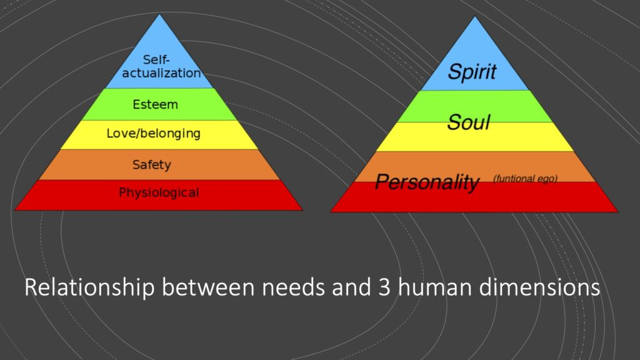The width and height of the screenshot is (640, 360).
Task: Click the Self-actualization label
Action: coord(161,66)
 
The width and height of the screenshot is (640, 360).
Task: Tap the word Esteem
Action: coord(155,104)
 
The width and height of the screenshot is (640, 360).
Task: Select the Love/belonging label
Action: coord(154,134)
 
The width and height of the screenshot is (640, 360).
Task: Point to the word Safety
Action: coord(152,165)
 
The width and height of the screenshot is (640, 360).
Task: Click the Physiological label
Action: coord(159,192)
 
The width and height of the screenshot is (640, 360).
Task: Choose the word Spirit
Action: coord(472,72)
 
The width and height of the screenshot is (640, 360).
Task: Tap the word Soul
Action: coord(468,122)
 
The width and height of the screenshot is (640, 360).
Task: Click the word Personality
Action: coord(427,182)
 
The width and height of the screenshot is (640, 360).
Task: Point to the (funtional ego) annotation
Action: coord(525,178)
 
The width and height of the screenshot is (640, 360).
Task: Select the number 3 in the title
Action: coord(384,287)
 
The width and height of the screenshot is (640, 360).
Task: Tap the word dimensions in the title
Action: coord(539,287)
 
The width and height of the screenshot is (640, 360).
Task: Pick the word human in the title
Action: coord(435,287)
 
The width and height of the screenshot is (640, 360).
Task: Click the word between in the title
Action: coord(208,287)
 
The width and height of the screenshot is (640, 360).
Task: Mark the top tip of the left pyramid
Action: coord(159,14)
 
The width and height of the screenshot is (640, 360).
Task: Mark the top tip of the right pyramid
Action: coord(475,16)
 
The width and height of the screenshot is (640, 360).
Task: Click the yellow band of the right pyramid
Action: coord(475,137)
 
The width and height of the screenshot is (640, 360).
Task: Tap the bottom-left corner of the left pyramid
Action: coord(15,210)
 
